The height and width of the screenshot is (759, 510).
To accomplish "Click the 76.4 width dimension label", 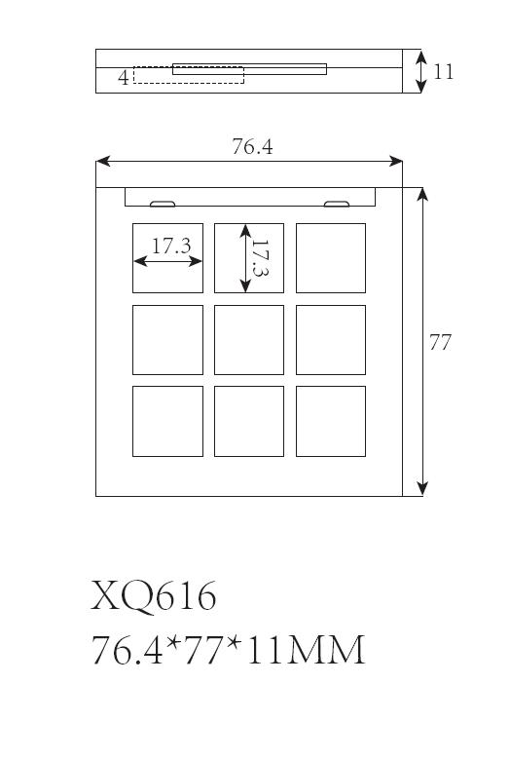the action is point(252,146).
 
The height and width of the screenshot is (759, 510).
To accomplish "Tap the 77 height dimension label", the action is point(440,342).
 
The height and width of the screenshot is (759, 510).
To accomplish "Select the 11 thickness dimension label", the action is point(443,72).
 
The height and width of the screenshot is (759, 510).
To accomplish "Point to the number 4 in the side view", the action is point(124,77).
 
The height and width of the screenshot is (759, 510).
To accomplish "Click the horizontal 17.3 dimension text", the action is point(171,246).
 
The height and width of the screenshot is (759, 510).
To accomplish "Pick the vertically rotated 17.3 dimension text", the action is point(261,258).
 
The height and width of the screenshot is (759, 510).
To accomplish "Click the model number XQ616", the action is point(153,596).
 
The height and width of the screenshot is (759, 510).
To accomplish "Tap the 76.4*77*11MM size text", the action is point(228,650).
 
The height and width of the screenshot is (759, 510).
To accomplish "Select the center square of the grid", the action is point(249,340).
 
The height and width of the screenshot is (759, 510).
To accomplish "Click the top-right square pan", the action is point(331,258).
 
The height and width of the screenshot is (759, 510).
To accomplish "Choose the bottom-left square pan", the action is point(167,421).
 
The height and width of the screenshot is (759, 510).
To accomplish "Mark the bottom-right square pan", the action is point(331,421).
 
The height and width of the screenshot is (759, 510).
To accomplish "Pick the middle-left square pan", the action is point(167,340).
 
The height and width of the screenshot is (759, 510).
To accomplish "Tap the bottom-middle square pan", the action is point(249,421).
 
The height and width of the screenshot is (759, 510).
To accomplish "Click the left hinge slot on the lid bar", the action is point(163,204).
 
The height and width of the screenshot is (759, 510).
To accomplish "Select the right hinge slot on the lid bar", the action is point(337,204).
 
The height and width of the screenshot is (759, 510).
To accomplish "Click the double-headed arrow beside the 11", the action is point(421,71).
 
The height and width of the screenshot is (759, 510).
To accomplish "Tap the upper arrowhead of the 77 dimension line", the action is point(422,194).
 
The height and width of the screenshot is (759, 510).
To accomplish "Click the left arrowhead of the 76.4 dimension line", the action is point(103,161).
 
